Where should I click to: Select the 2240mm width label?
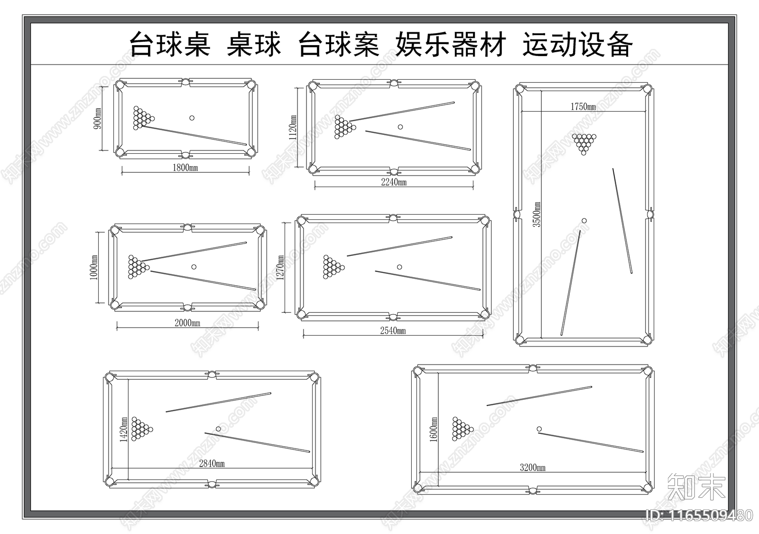tap(394, 182)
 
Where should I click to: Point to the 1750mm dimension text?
tap(583, 107)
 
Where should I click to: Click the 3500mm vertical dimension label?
tap(537, 215)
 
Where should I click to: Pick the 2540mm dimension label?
tap(393, 331)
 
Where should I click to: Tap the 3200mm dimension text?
tap(532, 468)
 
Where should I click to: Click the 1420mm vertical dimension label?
tap(123, 430)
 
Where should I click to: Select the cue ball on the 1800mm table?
tap(192, 118)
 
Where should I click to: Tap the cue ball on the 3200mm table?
tap(539, 429)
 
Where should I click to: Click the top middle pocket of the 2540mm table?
tap(393, 218)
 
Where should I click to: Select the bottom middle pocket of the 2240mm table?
tap(394, 171)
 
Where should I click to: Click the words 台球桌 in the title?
tap(170, 45)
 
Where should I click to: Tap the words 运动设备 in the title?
tap(577, 45)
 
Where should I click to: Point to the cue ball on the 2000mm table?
tap(194, 267)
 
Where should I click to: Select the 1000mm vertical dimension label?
tap(94, 267)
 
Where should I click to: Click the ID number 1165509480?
tap(699, 515)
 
